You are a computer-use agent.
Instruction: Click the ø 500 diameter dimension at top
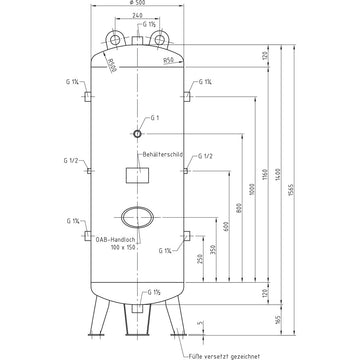[x=136, y=5]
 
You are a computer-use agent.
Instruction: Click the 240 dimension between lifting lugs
[x=136, y=19]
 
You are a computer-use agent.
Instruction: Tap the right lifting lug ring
[x=163, y=38]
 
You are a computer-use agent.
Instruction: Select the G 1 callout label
[x=155, y=117]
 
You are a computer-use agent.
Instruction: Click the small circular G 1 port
[x=136, y=133]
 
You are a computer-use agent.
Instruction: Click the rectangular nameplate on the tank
[x=136, y=175]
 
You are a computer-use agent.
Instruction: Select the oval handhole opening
[x=136, y=217]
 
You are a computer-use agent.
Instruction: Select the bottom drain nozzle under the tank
[x=136, y=315]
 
